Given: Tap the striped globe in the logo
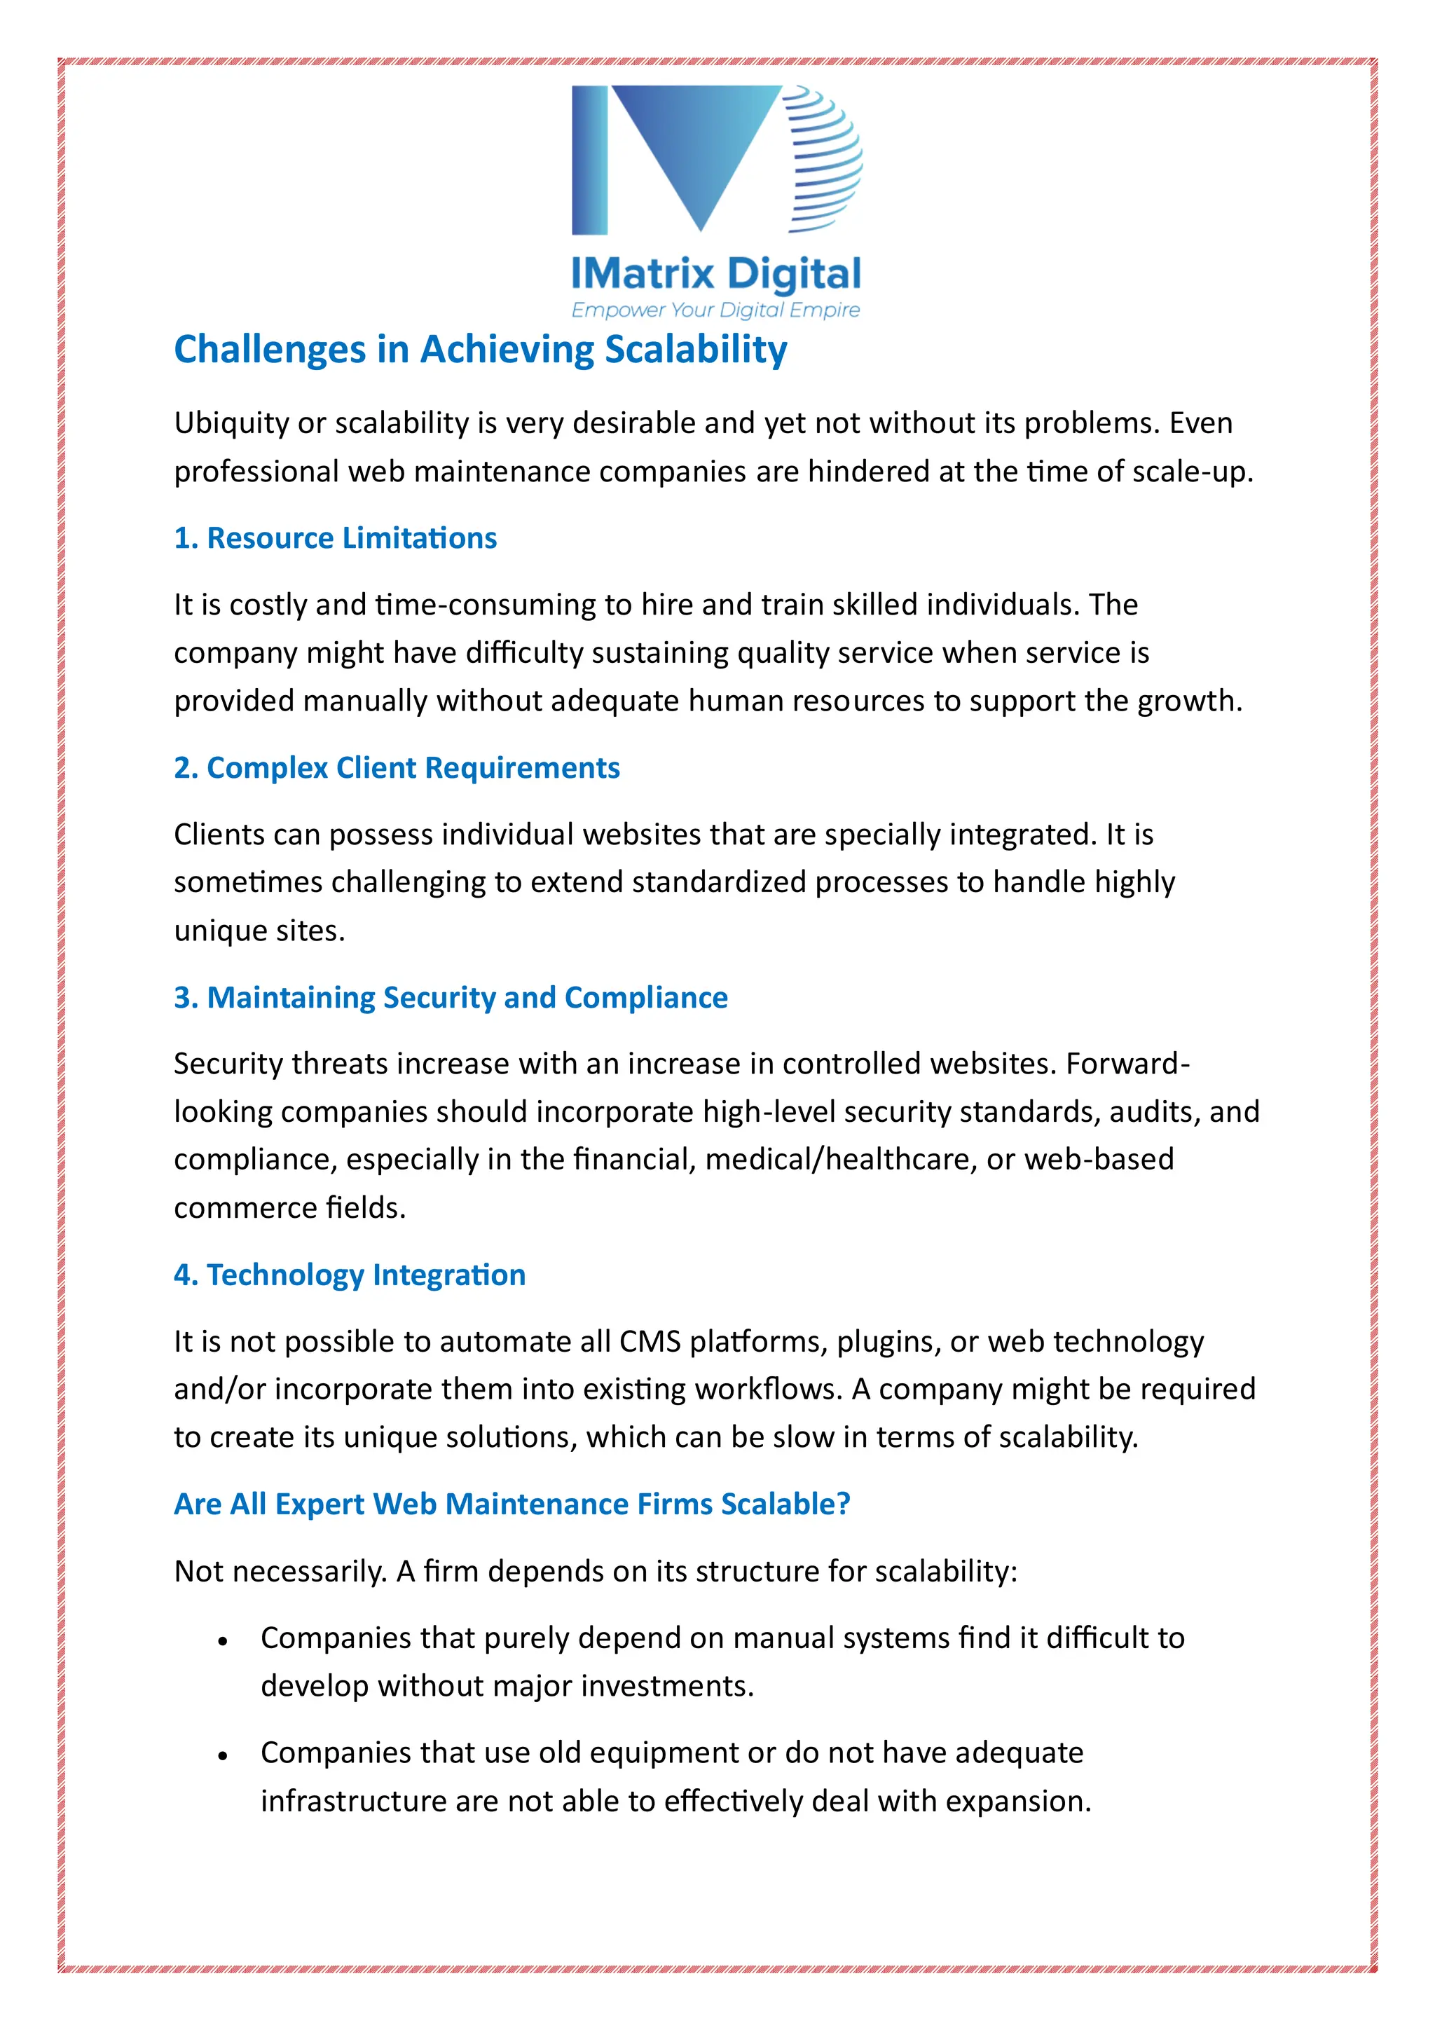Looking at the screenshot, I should (x=823, y=159).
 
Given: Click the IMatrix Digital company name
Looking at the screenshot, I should (x=716, y=274).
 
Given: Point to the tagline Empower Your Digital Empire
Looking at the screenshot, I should (x=715, y=310).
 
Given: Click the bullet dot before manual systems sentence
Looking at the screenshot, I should (x=223, y=1642).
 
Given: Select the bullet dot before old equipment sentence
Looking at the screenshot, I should (x=223, y=1757).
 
